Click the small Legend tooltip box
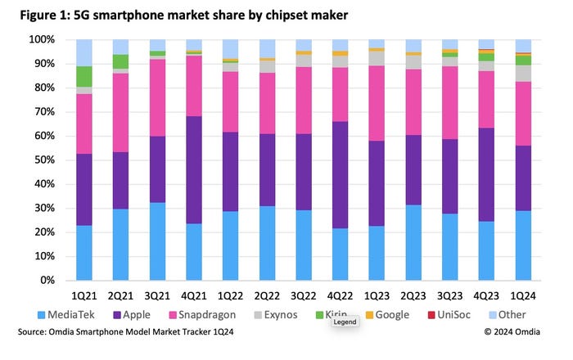point(344,323)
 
